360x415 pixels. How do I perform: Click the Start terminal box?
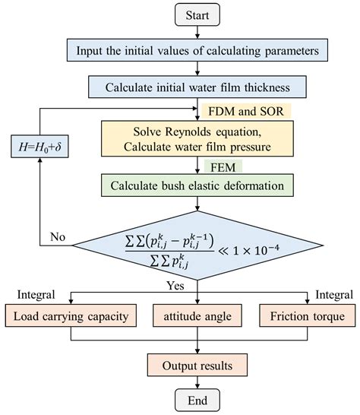tap(197, 14)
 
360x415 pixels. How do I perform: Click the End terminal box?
tap(197, 399)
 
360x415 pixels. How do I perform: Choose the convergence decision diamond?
tap(197, 246)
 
